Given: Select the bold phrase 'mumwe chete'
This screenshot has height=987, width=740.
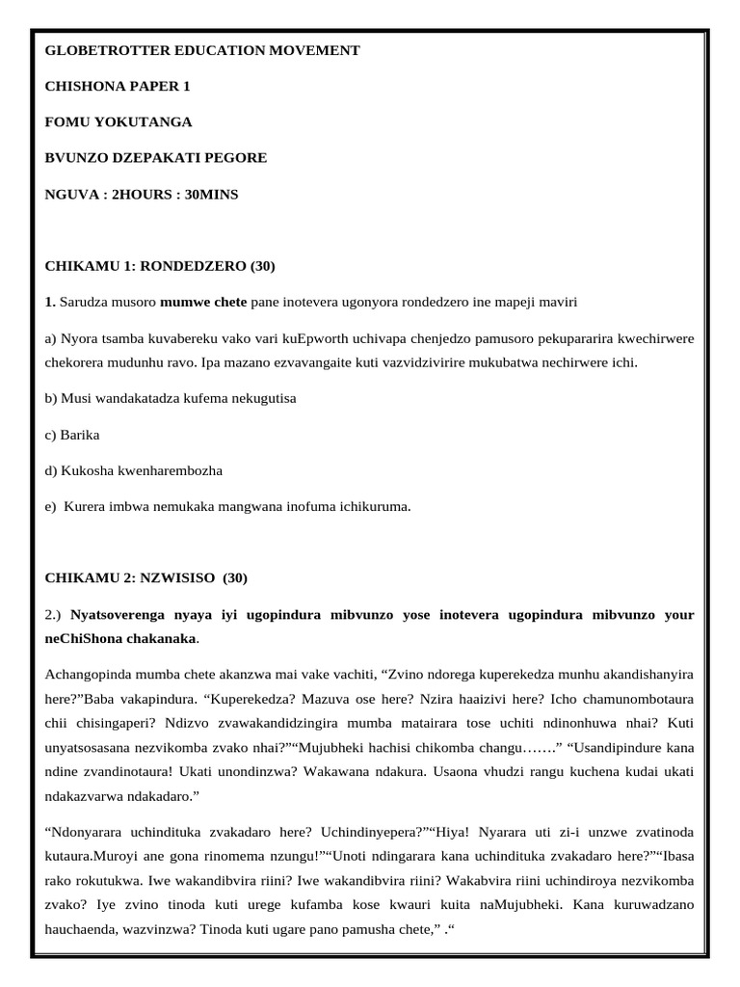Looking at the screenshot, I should [203, 303].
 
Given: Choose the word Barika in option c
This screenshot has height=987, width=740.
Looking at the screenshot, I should [80, 435].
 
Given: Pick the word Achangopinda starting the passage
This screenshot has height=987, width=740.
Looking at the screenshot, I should [92, 675].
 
